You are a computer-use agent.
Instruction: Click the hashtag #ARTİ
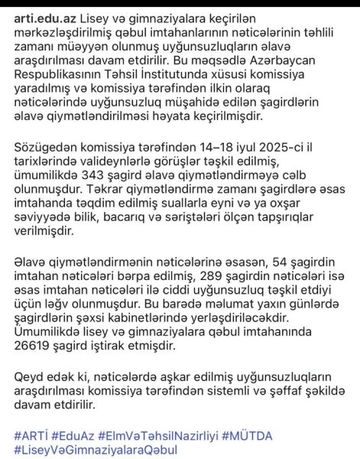(30, 435)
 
